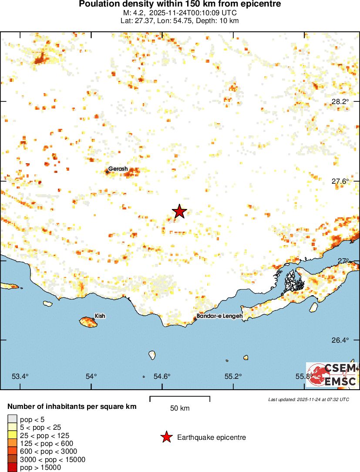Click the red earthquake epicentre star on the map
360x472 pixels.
coord(179,211)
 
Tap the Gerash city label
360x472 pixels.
coord(118,169)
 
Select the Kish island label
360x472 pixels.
coord(100,316)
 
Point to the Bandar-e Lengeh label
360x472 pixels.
coord(219,316)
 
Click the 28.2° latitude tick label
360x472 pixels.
coord(340,101)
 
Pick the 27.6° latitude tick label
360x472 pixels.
coord(340,181)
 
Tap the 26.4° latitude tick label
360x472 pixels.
coord(340,340)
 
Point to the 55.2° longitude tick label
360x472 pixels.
coord(233,376)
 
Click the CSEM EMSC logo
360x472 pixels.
coord(332,374)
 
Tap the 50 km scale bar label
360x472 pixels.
coord(180,408)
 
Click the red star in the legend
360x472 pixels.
coord(166,437)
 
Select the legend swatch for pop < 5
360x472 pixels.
coord(12,419)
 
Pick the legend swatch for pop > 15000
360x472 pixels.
coord(12,468)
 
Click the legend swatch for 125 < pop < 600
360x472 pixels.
coord(12,443)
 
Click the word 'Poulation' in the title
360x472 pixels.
coord(98,4)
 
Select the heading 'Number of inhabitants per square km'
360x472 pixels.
coord(72,407)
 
